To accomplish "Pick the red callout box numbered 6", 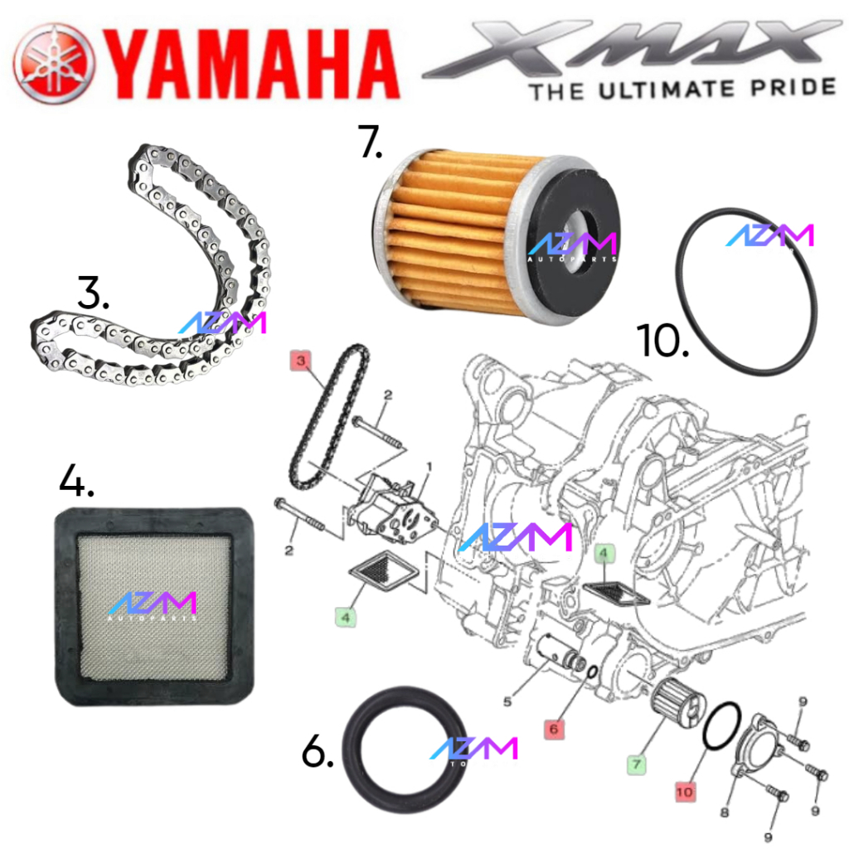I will [x=555, y=729].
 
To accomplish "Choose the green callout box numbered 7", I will [x=635, y=764].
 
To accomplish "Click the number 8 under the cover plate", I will [x=724, y=813].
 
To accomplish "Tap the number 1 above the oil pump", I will [x=429, y=468].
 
